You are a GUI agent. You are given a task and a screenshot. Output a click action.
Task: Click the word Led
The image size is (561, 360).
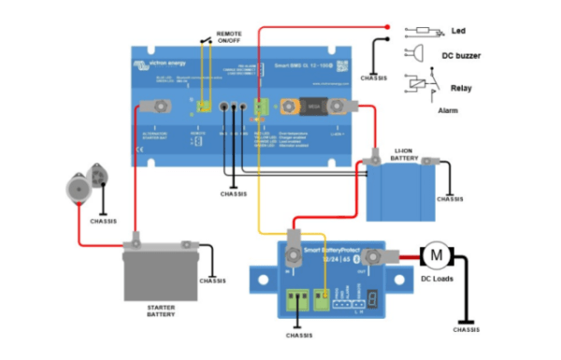[458, 30]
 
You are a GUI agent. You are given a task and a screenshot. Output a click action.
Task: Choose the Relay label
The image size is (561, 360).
[460, 89]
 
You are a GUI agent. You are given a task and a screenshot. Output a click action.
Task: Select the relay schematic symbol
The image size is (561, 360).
[418, 86]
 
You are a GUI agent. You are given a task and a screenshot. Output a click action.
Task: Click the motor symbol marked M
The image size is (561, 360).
[436, 253]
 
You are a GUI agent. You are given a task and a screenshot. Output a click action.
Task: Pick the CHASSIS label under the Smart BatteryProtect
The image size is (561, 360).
[299, 334]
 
